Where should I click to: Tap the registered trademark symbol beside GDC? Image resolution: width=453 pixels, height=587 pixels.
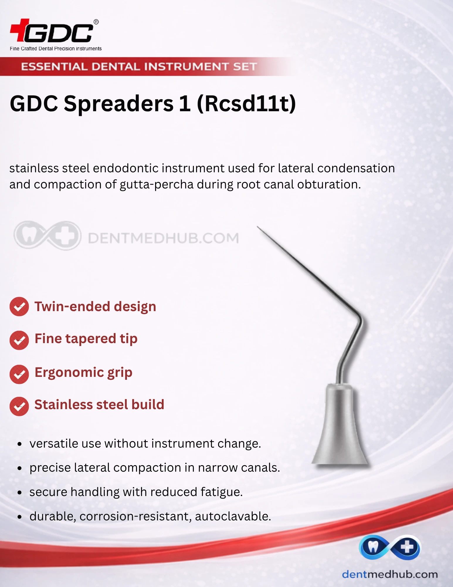click(96, 22)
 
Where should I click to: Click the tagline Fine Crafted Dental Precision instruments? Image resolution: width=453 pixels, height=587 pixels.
click(56, 48)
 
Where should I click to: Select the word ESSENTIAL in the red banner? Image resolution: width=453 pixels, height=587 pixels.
click(54, 67)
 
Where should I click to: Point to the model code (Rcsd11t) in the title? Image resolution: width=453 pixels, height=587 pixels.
click(246, 104)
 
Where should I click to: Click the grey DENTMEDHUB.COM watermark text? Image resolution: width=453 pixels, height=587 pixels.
click(163, 238)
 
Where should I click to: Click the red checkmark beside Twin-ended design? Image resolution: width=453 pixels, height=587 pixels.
click(19, 306)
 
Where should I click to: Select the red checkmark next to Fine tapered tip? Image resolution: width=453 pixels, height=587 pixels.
click(19, 340)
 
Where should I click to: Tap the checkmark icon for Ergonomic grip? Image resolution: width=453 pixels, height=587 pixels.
click(19, 374)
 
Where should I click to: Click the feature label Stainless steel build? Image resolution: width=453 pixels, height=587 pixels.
click(99, 404)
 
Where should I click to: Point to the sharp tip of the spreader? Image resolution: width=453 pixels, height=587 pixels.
click(257, 227)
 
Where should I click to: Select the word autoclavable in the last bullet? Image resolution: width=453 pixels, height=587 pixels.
click(233, 516)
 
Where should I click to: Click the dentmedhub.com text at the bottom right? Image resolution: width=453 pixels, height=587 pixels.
click(390, 574)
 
